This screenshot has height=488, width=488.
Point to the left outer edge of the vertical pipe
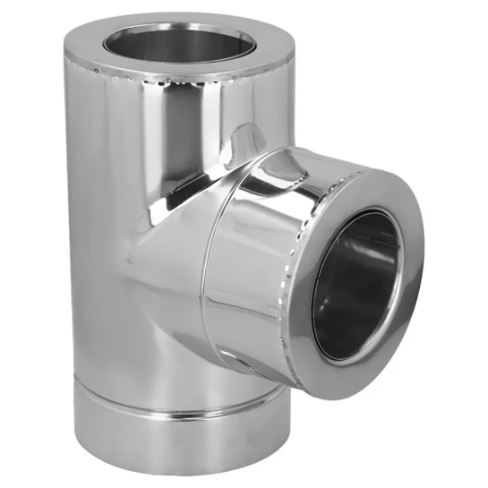[65, 224]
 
